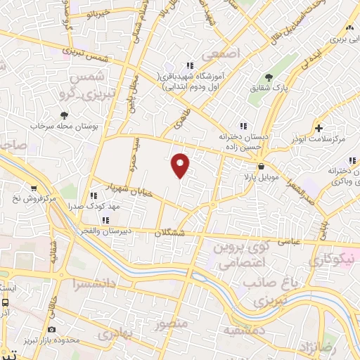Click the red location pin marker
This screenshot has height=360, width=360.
[181, 165]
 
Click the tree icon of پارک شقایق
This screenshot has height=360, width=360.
[268, 77]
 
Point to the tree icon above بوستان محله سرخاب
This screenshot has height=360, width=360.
[65, 114]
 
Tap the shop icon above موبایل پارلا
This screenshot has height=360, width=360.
[261, 167]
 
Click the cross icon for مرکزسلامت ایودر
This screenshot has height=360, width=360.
[319, 128]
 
